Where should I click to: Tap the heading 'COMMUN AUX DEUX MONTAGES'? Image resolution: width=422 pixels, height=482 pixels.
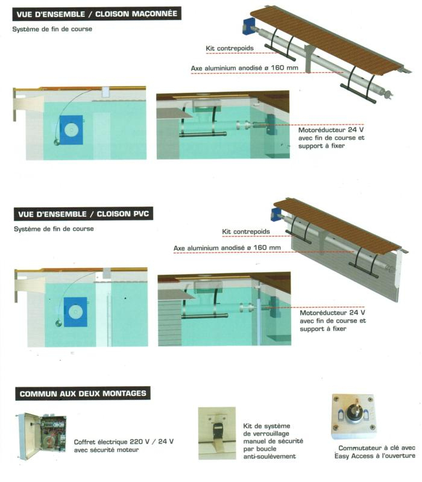pos(83,394)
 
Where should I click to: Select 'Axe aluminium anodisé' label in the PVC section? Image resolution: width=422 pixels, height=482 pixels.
pos(227,248)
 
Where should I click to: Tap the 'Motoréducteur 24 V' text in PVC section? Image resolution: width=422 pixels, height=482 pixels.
pos(333,313)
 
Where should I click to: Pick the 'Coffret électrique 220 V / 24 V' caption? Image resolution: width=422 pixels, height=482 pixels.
pos(124,442)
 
